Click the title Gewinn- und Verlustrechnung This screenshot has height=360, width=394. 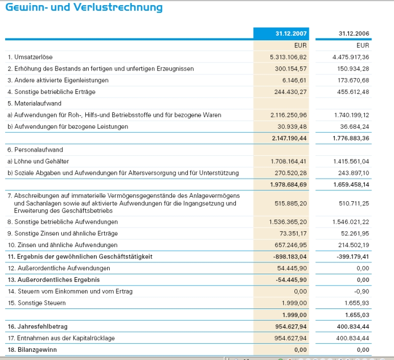(x=84, y=8)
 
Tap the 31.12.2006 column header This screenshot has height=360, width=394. (x=354, y=34)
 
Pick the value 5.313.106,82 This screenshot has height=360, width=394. (x=288, y=57)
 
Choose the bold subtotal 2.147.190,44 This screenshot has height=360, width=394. (x=288, y=138)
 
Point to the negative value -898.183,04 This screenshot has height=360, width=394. (x=289, y=256)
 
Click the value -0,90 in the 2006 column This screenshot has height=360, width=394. (x=362, y=292)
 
